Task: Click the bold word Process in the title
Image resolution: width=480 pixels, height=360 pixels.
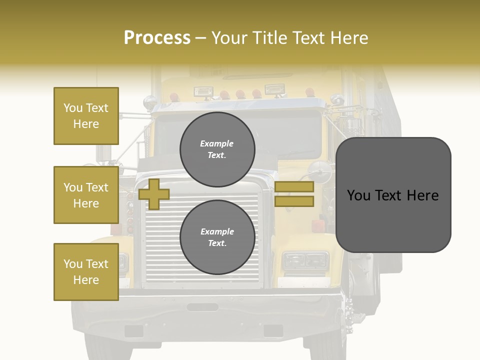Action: [x=157, y=37]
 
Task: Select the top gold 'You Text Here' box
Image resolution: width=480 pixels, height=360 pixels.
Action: [x=86, y=116]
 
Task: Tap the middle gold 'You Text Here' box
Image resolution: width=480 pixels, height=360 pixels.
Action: [x=86, y=195]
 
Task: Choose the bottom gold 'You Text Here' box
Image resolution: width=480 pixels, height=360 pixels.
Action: [x=86, y=272]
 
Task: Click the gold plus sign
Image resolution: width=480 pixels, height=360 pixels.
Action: [x=154, y=194]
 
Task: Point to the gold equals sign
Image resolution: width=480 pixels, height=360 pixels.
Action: [x=294, y=194]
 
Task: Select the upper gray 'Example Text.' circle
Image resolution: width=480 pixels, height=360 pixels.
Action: [x=217, y=149]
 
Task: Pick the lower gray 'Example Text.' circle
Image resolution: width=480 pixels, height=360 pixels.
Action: [x=217, y=237]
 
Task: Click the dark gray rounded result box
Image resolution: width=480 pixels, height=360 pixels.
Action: [x=393, y=195]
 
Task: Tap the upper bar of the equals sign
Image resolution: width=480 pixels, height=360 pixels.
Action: [x=294, y=187]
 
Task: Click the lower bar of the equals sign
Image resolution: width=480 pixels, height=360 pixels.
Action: [x=294, y=201]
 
